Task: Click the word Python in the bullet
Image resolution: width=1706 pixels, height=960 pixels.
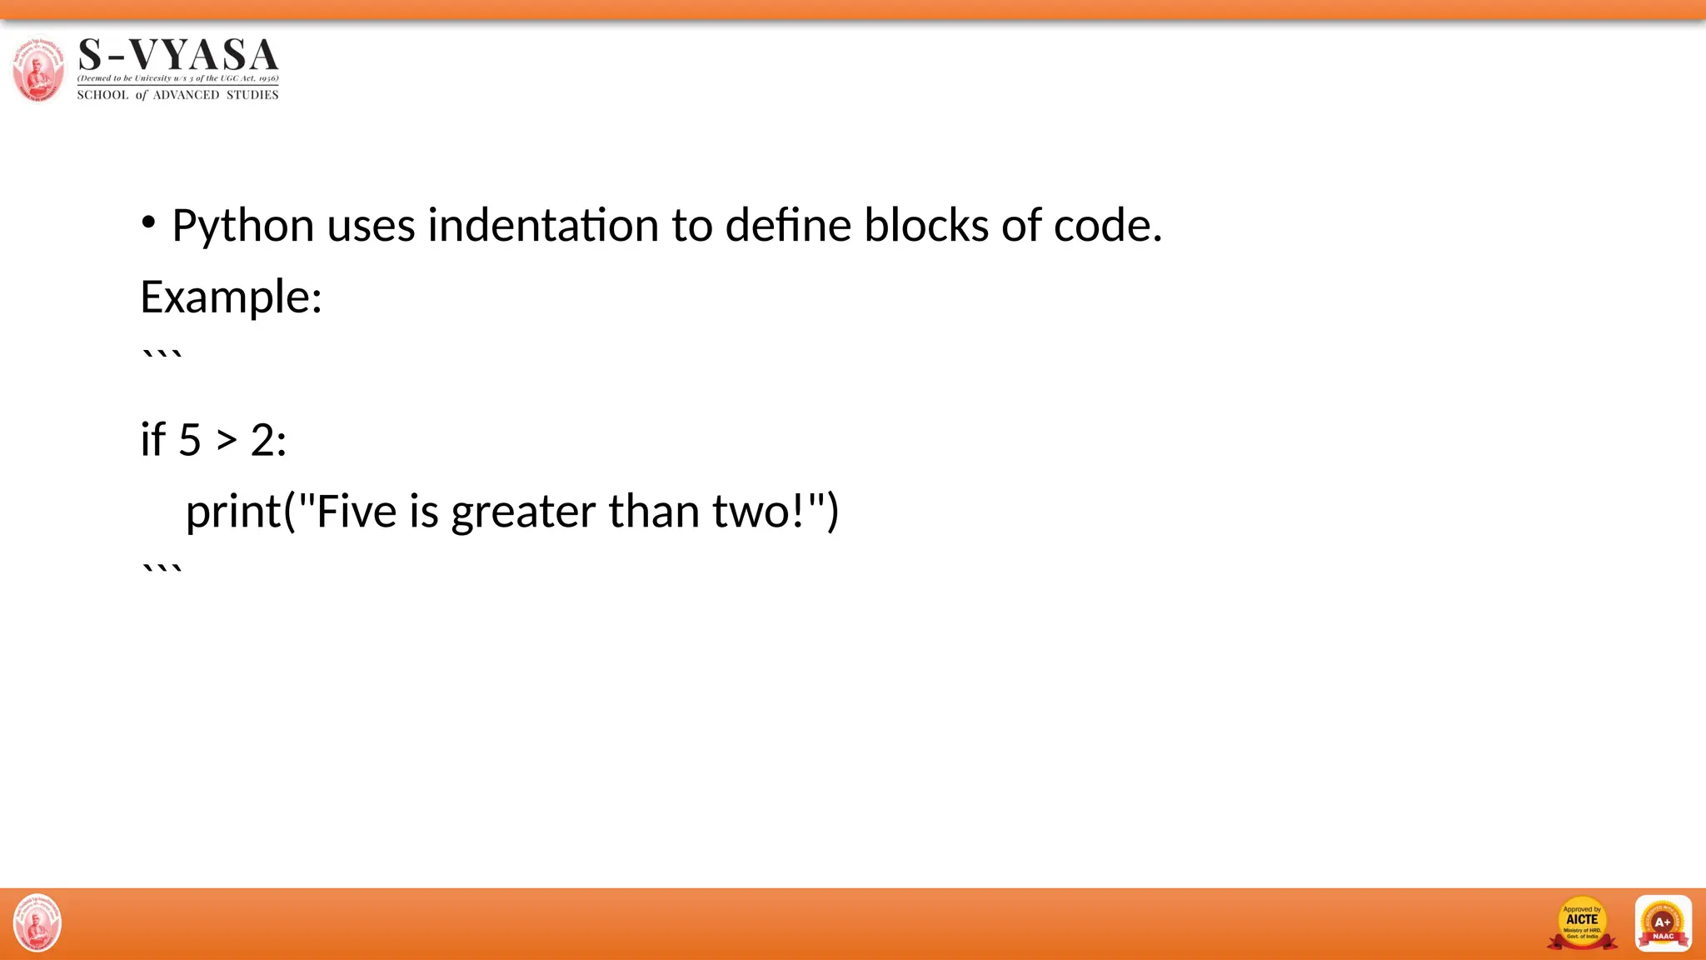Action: [x=242, y=226]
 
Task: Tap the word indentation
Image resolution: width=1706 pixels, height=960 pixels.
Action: [x=542, y=226]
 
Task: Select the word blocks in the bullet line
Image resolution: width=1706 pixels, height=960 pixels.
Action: [x=925, y=226]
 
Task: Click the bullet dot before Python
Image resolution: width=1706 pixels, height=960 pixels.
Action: [x=148, y=222]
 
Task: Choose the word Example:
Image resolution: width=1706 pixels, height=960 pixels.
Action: [x=231, y=297]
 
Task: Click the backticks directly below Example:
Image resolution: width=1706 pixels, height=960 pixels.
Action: [x=162, y=357]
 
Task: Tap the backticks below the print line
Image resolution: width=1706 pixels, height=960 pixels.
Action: [x=162, y=571]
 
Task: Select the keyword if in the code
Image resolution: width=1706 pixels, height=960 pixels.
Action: [x=152, y=439]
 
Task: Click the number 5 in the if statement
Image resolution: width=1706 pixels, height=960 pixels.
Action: [x=190, y=440]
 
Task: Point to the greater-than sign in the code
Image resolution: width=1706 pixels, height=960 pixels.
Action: [x=227, y=440]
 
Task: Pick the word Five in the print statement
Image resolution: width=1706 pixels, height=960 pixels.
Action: [x=356, y=511]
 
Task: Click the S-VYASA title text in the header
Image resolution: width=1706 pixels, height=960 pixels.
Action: [x=178, y=55]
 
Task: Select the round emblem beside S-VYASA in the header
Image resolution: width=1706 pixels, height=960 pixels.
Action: [x=37, y=69]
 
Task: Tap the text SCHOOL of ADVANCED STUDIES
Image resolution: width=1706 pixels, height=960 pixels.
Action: [x=177, y=95]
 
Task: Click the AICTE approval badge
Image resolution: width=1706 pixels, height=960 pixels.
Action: [x=1581, y=922]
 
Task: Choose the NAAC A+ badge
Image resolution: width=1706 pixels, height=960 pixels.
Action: [x=1663, y=922]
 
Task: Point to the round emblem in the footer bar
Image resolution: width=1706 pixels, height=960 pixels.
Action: [x=37, y=922]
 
